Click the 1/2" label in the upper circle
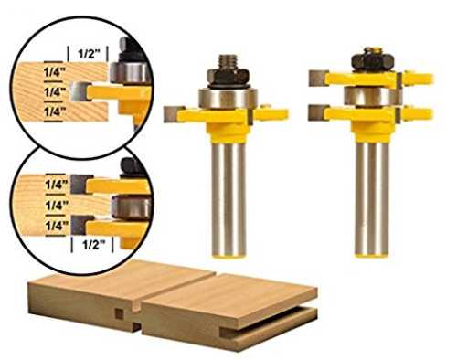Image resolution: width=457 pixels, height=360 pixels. point(90,54)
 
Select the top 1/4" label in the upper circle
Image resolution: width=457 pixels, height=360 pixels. point(55,72)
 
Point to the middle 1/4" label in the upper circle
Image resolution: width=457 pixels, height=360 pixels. point(55,91)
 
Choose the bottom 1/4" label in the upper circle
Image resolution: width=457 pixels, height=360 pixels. point(55,111)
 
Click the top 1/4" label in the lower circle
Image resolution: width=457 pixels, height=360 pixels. point(57,185)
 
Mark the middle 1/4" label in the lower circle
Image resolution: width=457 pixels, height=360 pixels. point(57,206)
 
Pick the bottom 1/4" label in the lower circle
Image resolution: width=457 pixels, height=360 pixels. point(57,226)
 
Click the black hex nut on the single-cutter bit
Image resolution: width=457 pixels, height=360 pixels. point(228,78)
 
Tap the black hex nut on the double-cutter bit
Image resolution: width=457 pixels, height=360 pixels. point(373,63)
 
